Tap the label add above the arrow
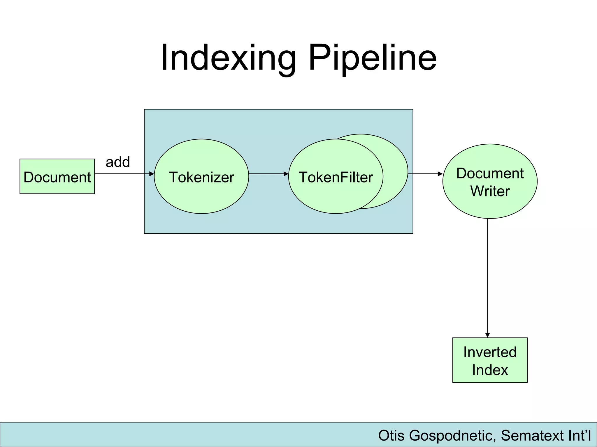coord(117,162)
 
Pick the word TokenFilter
coord(336,177)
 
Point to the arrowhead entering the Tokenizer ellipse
coord(152,174)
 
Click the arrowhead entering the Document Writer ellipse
coord(440,174)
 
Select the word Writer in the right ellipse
coord(490,191)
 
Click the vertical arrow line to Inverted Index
coord(487,276)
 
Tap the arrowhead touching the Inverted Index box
coord(487,335)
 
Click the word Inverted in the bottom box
coord(490,352)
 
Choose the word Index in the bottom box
coord(490,370)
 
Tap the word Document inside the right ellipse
coord(490,173)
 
